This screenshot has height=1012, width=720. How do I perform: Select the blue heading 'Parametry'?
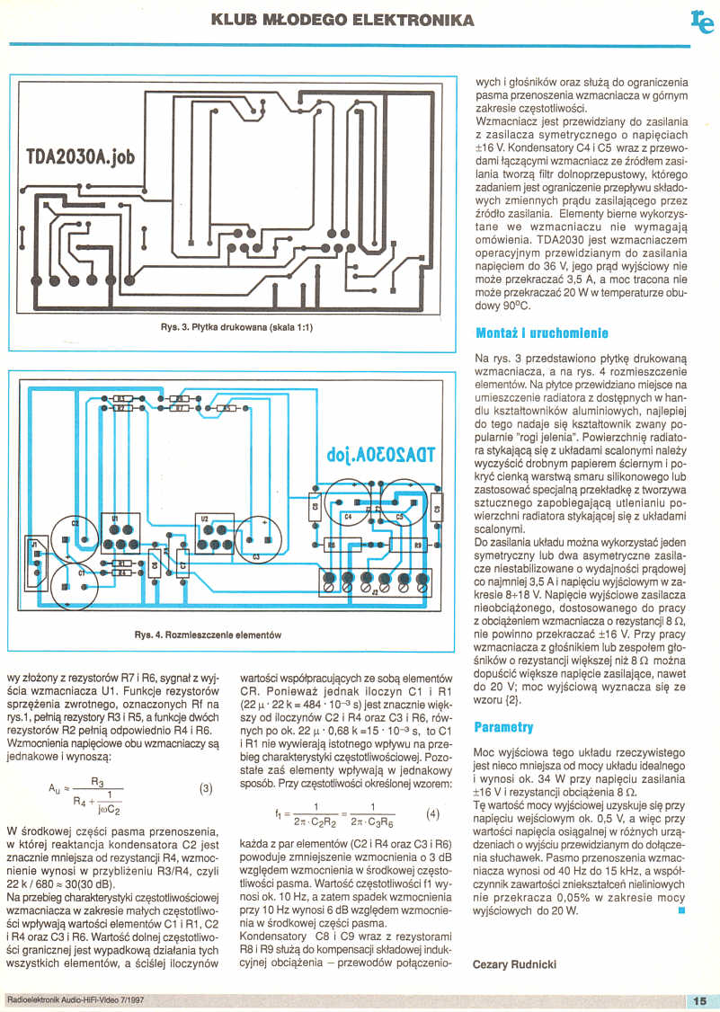tap(503, 726)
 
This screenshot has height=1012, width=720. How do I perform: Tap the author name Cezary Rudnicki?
tap(514, 963)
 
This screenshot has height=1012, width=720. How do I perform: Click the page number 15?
tap(701, 1000)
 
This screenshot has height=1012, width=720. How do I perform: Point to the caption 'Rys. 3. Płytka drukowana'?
tap(237, 326)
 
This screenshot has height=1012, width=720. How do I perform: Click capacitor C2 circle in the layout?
tap(74, 535)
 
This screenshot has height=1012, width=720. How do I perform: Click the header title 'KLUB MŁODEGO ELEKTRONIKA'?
tap(342, 20)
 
